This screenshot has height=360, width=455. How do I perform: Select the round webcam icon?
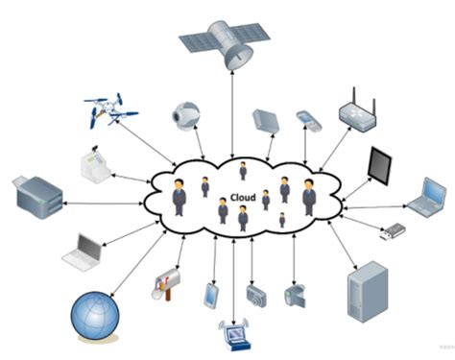(186, 116)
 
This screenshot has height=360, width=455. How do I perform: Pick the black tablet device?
(380, 166)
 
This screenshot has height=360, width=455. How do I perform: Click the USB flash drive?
(393, 231)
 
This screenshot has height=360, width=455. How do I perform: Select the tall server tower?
(368, 292)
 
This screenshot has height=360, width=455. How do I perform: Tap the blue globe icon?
(95, 316)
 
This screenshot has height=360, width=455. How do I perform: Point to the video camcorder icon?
(295, 296)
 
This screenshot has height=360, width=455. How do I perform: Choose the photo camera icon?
(256, 296)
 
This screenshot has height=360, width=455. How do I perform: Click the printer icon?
(37, 198)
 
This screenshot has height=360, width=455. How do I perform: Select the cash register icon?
(95, 162)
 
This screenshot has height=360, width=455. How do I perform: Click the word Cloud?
(243, 198)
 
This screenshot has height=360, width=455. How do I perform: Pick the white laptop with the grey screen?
(83, 252)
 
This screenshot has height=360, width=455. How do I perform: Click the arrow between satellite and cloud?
(232, 114)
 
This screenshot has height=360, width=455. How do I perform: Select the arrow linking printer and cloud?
(104, 204)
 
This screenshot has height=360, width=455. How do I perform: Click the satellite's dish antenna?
(239, 57)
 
